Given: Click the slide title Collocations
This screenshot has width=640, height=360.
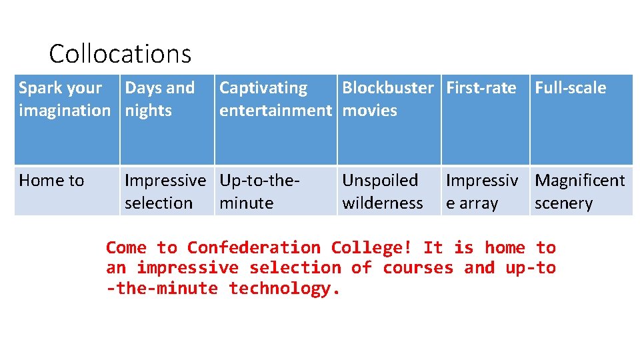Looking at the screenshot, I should click(120, 53).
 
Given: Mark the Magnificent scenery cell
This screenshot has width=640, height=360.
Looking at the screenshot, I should click(580, 191).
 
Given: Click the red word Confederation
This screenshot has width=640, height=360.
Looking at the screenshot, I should click(253, 248).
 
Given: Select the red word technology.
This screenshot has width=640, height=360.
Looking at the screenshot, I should click(285, 289).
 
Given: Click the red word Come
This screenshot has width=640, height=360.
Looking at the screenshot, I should click(126, 248).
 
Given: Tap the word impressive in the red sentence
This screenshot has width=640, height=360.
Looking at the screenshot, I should click(187, 268).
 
